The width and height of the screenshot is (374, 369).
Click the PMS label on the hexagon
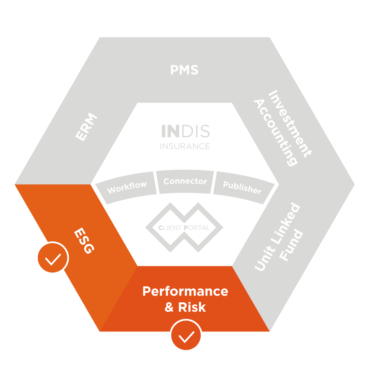184,70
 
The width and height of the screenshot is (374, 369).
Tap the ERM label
86,127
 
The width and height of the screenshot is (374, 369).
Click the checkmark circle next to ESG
53,258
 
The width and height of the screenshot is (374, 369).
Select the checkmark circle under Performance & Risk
186,335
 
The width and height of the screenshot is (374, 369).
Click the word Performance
185,291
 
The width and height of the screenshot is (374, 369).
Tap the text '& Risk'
185,307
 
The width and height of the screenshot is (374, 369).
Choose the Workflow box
127,187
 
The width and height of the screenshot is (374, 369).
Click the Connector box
185,181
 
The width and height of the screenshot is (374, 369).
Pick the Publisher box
242,187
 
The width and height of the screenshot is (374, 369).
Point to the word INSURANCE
185,146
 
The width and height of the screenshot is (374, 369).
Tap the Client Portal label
184,228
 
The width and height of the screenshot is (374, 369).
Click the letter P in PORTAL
186,228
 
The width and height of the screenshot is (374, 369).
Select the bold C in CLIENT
161,228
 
